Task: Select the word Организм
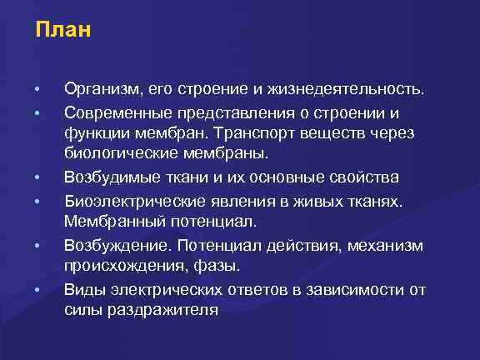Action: (x=102, y=87)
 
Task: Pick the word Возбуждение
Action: (x=114, y=245)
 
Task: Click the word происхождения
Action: (x=122, y=267)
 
